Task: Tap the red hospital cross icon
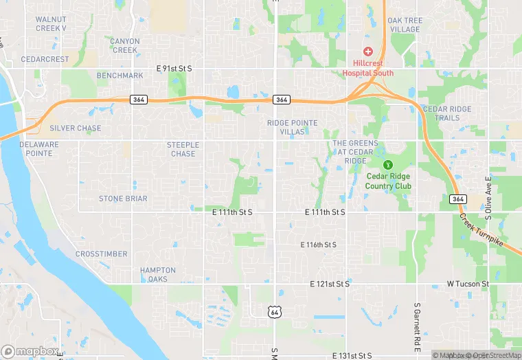point(367,52)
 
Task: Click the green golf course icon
point(388,164)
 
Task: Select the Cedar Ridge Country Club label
point(388,181)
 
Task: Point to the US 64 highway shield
point(274,312)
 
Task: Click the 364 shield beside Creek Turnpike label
point(458,199)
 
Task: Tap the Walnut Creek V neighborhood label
point(51,23)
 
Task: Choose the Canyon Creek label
point(125,45)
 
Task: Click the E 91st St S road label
point(174,68)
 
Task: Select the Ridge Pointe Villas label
point(293,127)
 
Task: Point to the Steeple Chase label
point(183,149)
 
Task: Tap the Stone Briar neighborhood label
point(123,199)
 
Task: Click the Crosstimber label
point(101,254)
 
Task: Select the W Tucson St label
point(467,283)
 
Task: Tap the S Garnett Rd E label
point(417,326)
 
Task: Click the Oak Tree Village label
point(405,25)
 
